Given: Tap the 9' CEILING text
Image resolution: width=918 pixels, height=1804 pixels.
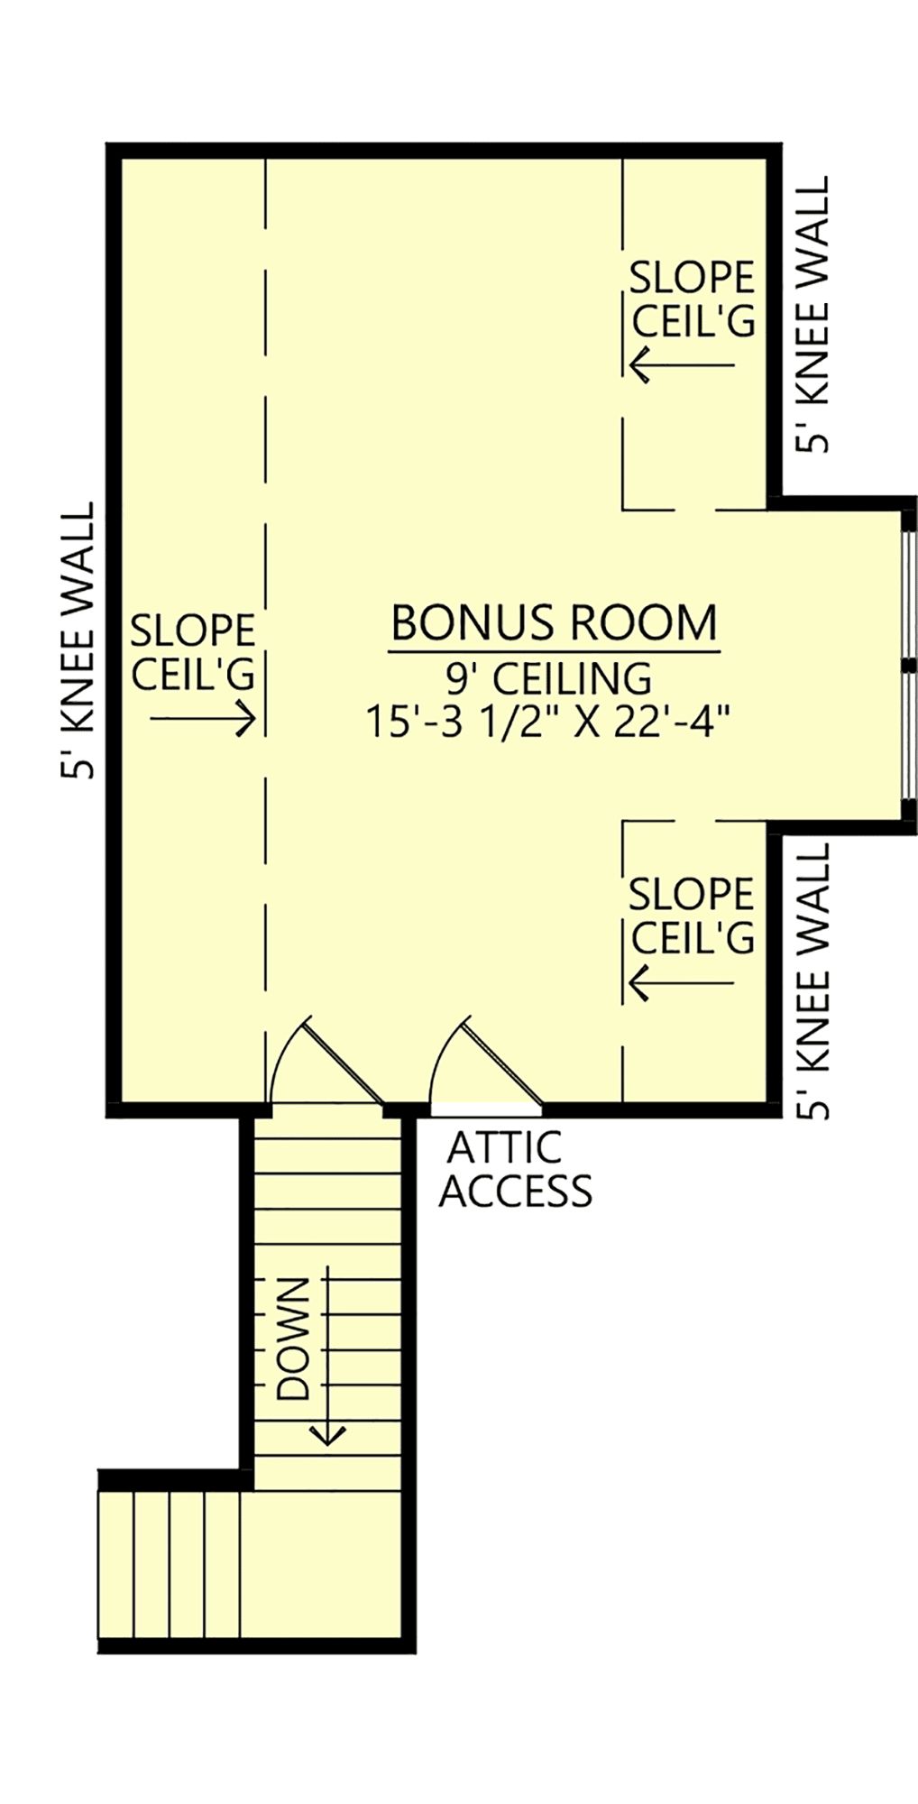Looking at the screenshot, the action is [549, 678].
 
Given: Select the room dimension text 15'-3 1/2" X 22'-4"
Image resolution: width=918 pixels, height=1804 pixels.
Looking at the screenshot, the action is [547, 722].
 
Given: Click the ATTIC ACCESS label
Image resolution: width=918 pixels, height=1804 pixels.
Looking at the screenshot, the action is [516, 1170].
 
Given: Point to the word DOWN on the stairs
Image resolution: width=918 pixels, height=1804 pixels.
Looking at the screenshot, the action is [293, 1339].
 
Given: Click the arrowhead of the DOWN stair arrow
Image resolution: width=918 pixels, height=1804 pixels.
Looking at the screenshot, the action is [327, 1434].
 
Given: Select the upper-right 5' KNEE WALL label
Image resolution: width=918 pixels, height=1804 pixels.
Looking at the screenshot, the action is [812, 313].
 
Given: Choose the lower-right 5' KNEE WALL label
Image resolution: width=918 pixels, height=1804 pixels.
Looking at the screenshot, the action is [812, 981].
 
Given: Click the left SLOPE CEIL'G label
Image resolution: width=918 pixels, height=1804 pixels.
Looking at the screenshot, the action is [193, 652].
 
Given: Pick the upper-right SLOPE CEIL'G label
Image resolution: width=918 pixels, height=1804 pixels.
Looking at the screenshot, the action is [692, 299].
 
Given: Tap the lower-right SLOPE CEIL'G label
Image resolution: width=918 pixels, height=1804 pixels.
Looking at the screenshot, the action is [692, 916].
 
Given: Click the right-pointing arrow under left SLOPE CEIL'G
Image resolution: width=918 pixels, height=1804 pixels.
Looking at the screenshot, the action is [203, 719].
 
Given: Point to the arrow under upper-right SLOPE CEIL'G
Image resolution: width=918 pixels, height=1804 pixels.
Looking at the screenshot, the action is [682, 365].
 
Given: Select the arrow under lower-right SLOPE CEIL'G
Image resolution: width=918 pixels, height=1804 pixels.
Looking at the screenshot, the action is [682, 982].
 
